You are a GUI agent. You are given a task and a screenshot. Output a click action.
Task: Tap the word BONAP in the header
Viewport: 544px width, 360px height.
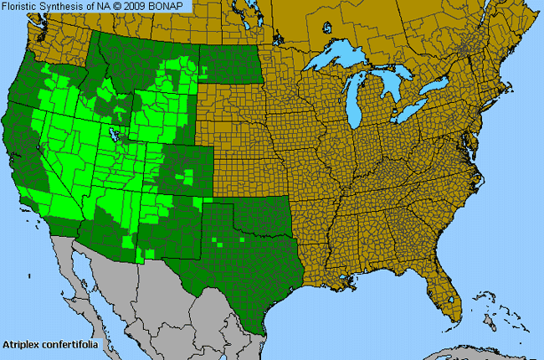coord(172,6)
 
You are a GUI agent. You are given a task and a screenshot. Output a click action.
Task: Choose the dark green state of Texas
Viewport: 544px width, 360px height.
coord(251,251)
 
